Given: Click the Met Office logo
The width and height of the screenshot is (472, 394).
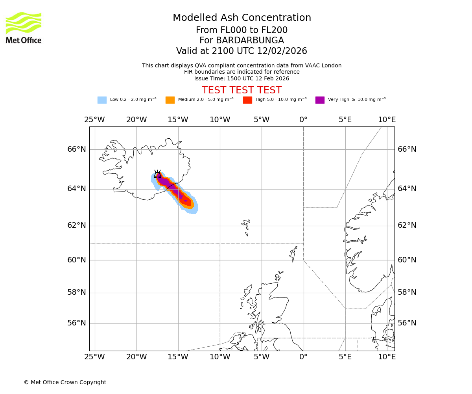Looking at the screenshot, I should tap(24, 28).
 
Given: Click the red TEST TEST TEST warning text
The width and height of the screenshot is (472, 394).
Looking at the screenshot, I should tap(242, 91).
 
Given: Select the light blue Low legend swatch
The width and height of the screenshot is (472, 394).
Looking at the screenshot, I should tap(102, 100).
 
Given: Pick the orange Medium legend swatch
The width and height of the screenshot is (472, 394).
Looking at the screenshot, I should tap(170, 100).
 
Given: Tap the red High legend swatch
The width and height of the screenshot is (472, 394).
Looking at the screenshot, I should tap(247, 100).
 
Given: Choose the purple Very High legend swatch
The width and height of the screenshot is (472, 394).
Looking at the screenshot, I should tap(320, 100).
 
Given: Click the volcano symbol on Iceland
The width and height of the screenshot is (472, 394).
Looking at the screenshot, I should tap(157, 174).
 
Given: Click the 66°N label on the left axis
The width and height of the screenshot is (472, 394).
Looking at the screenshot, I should tap(76, 149).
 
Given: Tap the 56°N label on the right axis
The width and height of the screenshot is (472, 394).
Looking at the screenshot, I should tap(407, 323).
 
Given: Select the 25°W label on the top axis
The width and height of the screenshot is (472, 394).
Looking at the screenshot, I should tap(94, 120).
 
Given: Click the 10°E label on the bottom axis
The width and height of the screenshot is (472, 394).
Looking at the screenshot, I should tap(387, 357).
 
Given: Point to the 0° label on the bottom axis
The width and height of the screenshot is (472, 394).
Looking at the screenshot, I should tap(303, 357).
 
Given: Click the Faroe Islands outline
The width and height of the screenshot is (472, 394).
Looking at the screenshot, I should tap(246, 227).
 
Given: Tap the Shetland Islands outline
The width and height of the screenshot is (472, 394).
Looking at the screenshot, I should tap(293, 253).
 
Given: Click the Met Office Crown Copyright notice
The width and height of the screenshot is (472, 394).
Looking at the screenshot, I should tap(65, 383).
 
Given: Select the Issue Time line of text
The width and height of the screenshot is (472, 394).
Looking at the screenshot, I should tap(242, 78).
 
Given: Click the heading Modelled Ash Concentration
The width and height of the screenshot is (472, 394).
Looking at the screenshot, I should tap(242, 18).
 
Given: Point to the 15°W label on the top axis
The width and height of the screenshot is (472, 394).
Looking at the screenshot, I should tap(178, 120).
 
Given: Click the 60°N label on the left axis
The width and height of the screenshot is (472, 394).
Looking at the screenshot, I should tap(76, 260).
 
